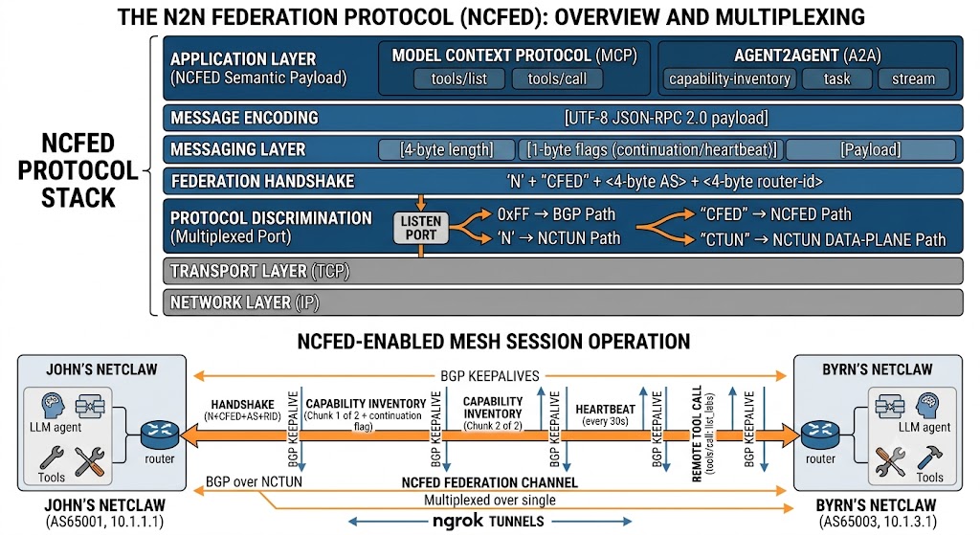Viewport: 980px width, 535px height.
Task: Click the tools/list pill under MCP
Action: tap(458, 78)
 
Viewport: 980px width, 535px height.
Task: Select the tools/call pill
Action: tap(557, 78)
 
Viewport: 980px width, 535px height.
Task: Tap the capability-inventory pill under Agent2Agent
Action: tap(729, 78)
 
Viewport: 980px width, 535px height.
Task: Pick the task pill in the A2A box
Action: tap(836, 78)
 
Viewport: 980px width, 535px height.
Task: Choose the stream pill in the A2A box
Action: tap(913, 78)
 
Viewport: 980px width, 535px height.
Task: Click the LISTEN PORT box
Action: tap(421, 228)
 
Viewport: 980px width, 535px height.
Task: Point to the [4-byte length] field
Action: tap(446, 150)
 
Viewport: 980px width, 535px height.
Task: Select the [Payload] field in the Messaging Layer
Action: tap(871, 150)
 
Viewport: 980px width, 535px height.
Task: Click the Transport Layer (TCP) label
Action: tap(259, 271)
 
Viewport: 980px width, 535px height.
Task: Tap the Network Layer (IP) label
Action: tap(244, 302)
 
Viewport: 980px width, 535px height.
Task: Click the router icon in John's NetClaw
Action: tap(160, 435)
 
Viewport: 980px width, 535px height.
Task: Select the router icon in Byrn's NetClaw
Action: tap(820, 435)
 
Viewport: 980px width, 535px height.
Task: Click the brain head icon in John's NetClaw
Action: tap(53, 406)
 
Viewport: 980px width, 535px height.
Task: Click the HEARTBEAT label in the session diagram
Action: tap(605, 410)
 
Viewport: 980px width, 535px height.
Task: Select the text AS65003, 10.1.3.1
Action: tap(877, 522)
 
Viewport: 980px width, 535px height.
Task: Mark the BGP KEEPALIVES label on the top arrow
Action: tap(490, 375)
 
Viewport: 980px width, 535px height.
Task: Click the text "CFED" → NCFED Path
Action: tap(775, 214)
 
